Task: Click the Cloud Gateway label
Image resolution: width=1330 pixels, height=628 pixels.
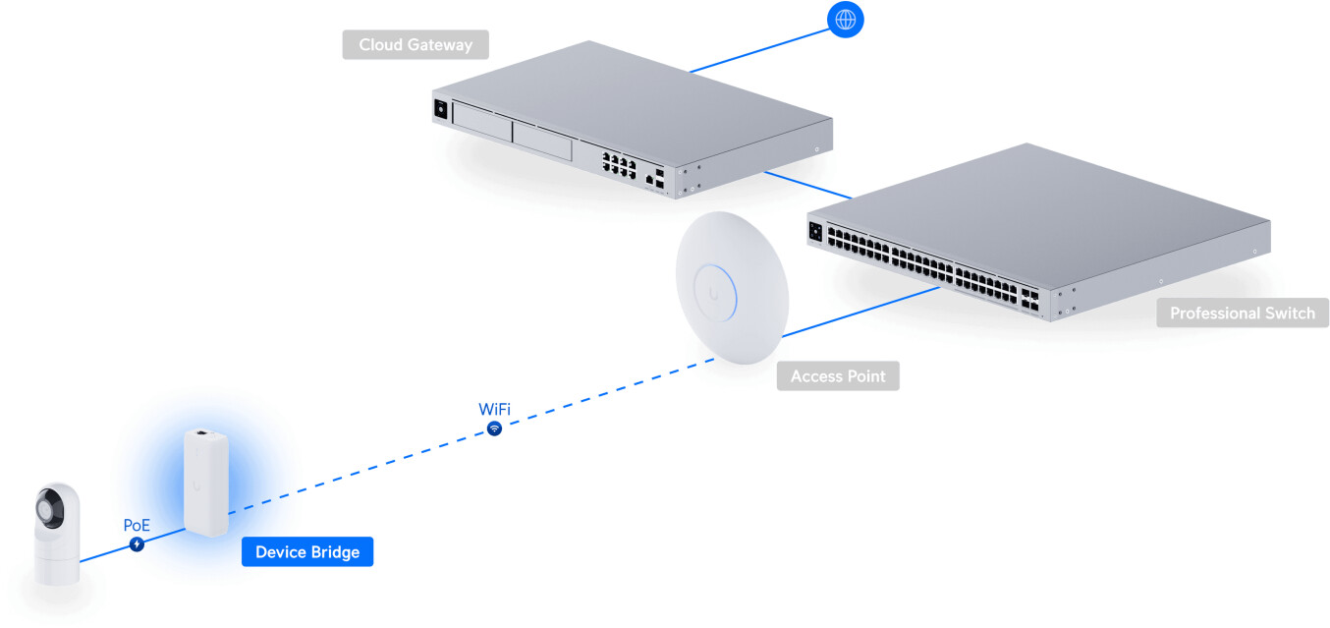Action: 416,44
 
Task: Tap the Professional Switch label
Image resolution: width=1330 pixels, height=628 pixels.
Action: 1243,313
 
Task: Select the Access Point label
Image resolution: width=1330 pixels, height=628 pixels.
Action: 838,375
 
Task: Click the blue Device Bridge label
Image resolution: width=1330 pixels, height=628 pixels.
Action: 307,551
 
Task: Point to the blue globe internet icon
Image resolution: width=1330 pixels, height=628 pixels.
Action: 845,20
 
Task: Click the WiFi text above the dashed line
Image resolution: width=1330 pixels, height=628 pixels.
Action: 494,409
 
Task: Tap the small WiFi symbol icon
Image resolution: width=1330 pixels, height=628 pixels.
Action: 494,428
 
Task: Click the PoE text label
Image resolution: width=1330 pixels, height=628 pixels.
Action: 137,525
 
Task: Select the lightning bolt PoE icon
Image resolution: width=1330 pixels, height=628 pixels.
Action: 137,543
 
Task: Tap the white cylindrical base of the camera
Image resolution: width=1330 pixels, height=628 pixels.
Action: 57,561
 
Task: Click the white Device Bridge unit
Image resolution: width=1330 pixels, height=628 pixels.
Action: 206,482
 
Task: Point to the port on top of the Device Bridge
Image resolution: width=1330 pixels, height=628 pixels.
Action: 202,432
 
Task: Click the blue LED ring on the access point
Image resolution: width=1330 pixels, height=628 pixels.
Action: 716,294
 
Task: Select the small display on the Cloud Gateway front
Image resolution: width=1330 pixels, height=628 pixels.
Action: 441,109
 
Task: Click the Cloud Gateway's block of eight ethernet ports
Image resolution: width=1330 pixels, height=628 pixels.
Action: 619,164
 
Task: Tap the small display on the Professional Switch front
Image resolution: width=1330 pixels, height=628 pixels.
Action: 815,231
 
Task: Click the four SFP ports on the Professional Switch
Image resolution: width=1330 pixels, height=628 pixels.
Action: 1030,300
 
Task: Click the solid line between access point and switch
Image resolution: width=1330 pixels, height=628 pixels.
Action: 860,312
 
